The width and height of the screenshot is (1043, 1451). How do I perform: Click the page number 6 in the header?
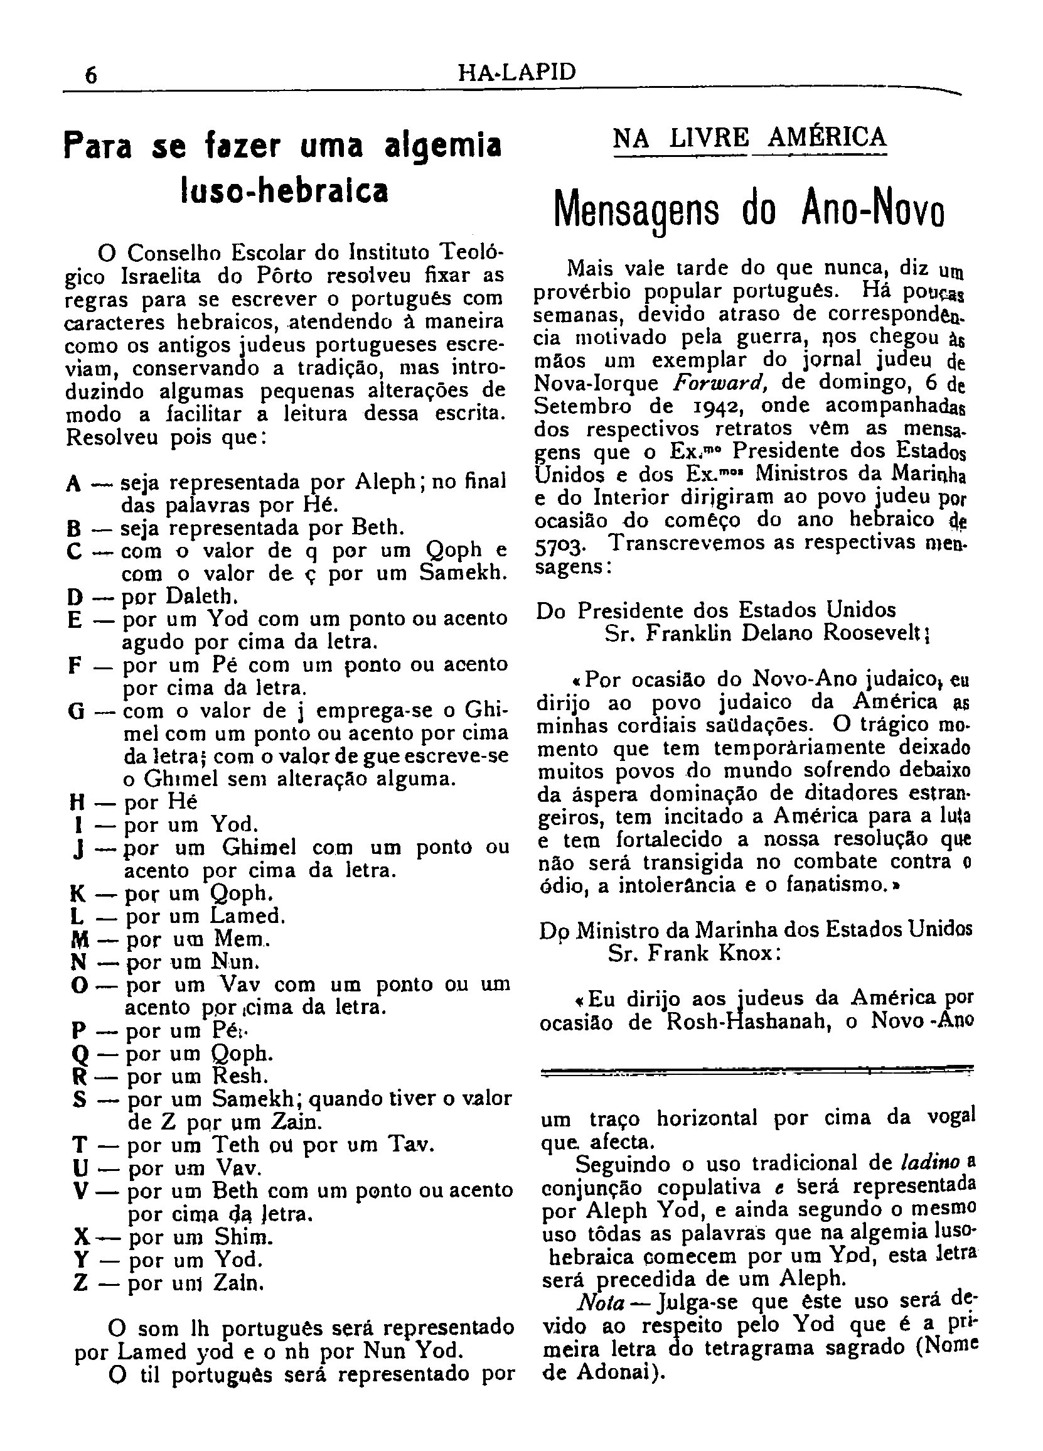91,75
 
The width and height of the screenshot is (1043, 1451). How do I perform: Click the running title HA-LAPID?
517,72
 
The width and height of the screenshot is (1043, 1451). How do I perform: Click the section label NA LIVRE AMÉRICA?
749,138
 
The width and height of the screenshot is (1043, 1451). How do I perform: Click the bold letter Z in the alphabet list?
80,1283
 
